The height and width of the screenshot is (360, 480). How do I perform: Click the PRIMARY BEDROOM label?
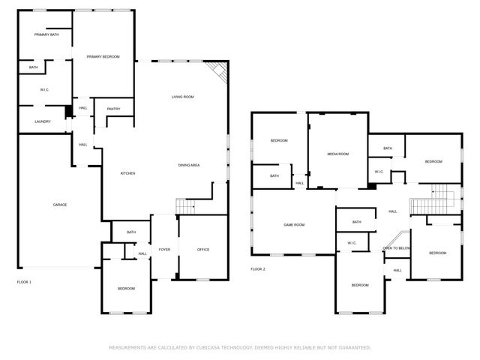pos(103,57)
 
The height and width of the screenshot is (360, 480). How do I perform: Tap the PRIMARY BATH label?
pos(46,35)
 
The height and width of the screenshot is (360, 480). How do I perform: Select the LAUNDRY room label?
pos(43,121)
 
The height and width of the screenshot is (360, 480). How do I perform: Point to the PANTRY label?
pos(113,109)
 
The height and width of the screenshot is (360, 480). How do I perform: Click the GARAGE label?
pos(59,205)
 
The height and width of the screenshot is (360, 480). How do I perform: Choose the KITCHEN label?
pos(128,173)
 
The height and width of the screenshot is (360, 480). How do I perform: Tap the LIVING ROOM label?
pos(183,97)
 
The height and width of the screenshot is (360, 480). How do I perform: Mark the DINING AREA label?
pos(188,165)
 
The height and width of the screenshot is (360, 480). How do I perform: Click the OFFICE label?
pos(202,249)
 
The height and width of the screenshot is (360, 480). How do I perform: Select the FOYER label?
pos(163,249)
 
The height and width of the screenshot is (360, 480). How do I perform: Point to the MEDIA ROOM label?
pos(337,154)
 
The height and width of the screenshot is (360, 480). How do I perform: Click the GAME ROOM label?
pos(293,224)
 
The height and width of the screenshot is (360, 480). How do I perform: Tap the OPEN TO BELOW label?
pos(396,247)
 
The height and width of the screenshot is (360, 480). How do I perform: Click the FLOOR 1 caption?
pos(24,281)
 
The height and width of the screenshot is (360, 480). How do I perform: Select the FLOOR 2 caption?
pos(258,268)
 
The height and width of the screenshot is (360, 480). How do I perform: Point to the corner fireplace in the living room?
pos(217,72)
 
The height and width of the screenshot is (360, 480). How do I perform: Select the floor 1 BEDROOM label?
pos(125,289)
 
